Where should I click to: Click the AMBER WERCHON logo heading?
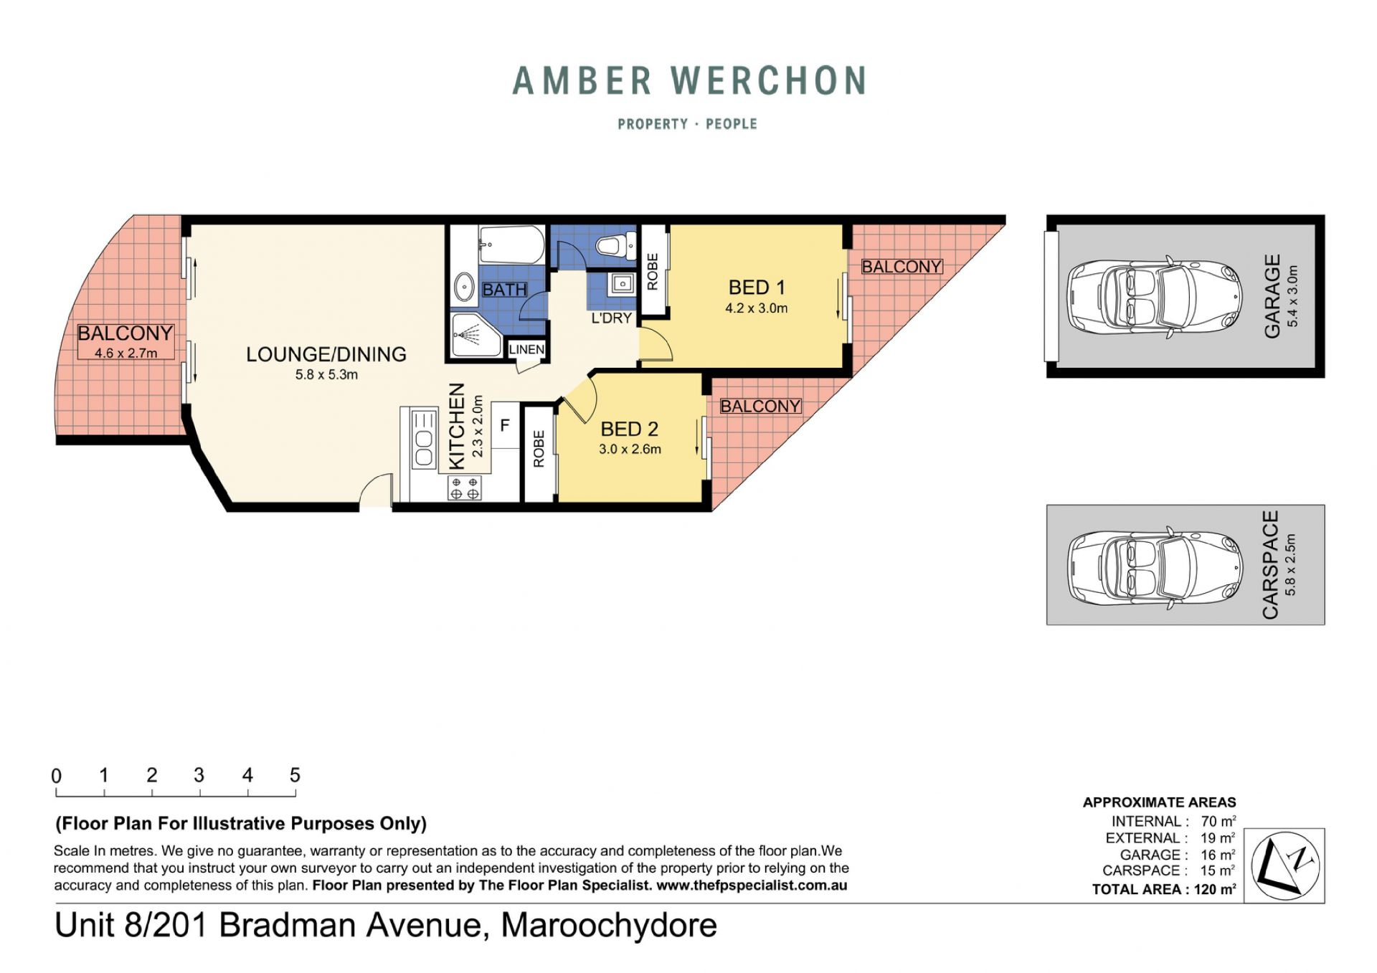[x=689, y=80]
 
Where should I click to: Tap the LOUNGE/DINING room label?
[x=326, y=354]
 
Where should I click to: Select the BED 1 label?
[x=757, y=288]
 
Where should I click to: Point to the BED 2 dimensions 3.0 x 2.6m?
[x=630, y=450]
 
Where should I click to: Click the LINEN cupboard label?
[x=526, y=349]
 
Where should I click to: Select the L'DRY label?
[x=611, y=318]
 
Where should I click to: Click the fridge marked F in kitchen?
[x=505, y=425]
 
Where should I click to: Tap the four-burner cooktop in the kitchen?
[x=465, y=488]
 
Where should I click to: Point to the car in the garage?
[x=1155, y=296]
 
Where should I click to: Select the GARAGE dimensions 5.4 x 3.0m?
[x=1293, y=296]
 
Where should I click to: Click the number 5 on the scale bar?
[x=295, y=775]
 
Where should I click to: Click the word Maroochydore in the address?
[x=609, y=925]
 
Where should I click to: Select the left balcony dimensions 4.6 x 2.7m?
[x=126, y=353]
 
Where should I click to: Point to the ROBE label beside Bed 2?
[x=539, y=449]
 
